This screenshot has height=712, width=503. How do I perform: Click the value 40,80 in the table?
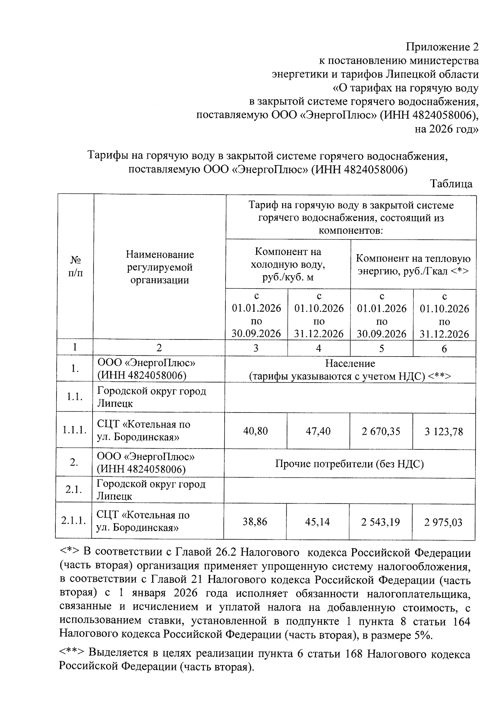pyautogui.click(x=256, y=431)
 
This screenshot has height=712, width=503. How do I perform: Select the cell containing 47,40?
pyautogui.click(x=318, y=431)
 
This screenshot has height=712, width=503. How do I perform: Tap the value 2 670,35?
pyautogui.click(x=381, y=431)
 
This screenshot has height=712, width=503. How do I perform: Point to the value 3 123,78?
pyautogui.click(x=444, y=431)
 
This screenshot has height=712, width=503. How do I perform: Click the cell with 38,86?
pyautogui.click(x=255, y=522)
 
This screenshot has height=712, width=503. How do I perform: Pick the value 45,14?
pyautogui.click(x=318, y=522)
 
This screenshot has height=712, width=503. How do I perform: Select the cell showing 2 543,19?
pyautogui.click(x=381, y=522)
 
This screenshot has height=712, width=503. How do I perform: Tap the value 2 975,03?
pyautogui.click(x=443, y=522)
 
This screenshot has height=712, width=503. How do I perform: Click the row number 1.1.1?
pyautogui.click(x=75, y=430)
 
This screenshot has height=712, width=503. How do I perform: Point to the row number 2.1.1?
pyautogui.click(x=73, y=521)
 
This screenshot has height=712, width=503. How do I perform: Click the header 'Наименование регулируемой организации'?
pyautogui.click(x=160, y=267)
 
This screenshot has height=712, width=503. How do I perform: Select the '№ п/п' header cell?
pyautogui.click(x=75, y=267)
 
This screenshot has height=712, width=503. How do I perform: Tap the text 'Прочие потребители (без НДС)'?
pyautogui.click(x=350, y=464)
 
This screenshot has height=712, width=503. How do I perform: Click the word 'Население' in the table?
pyautogui.click(x=350, y=363)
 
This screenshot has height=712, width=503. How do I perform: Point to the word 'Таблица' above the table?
pyautogui.click(x=451, y=184)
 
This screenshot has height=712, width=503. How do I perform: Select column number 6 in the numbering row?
pyautogui.click(x=444, y=348)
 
